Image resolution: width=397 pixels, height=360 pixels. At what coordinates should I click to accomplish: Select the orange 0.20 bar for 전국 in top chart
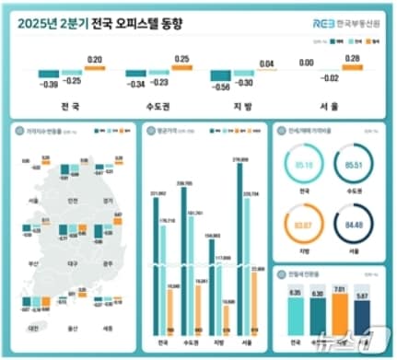click(95, 67)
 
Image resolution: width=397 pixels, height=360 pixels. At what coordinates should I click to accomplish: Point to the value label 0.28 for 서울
click(350, 57)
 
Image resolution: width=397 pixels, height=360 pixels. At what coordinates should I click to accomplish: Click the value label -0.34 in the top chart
click(135, 85)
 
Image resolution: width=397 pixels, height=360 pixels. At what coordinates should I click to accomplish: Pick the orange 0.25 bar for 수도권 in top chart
click(181, 67)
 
